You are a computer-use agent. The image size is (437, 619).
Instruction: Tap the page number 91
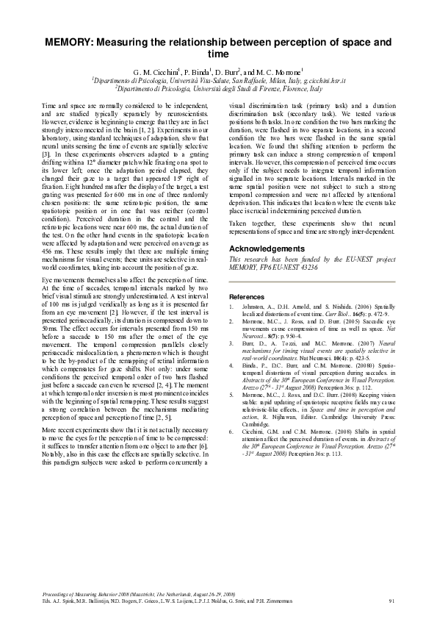pos(391,601)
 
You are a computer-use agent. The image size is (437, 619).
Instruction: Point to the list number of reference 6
pos(232,425)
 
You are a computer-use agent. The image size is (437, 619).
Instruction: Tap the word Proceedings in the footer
pos(56,593)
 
